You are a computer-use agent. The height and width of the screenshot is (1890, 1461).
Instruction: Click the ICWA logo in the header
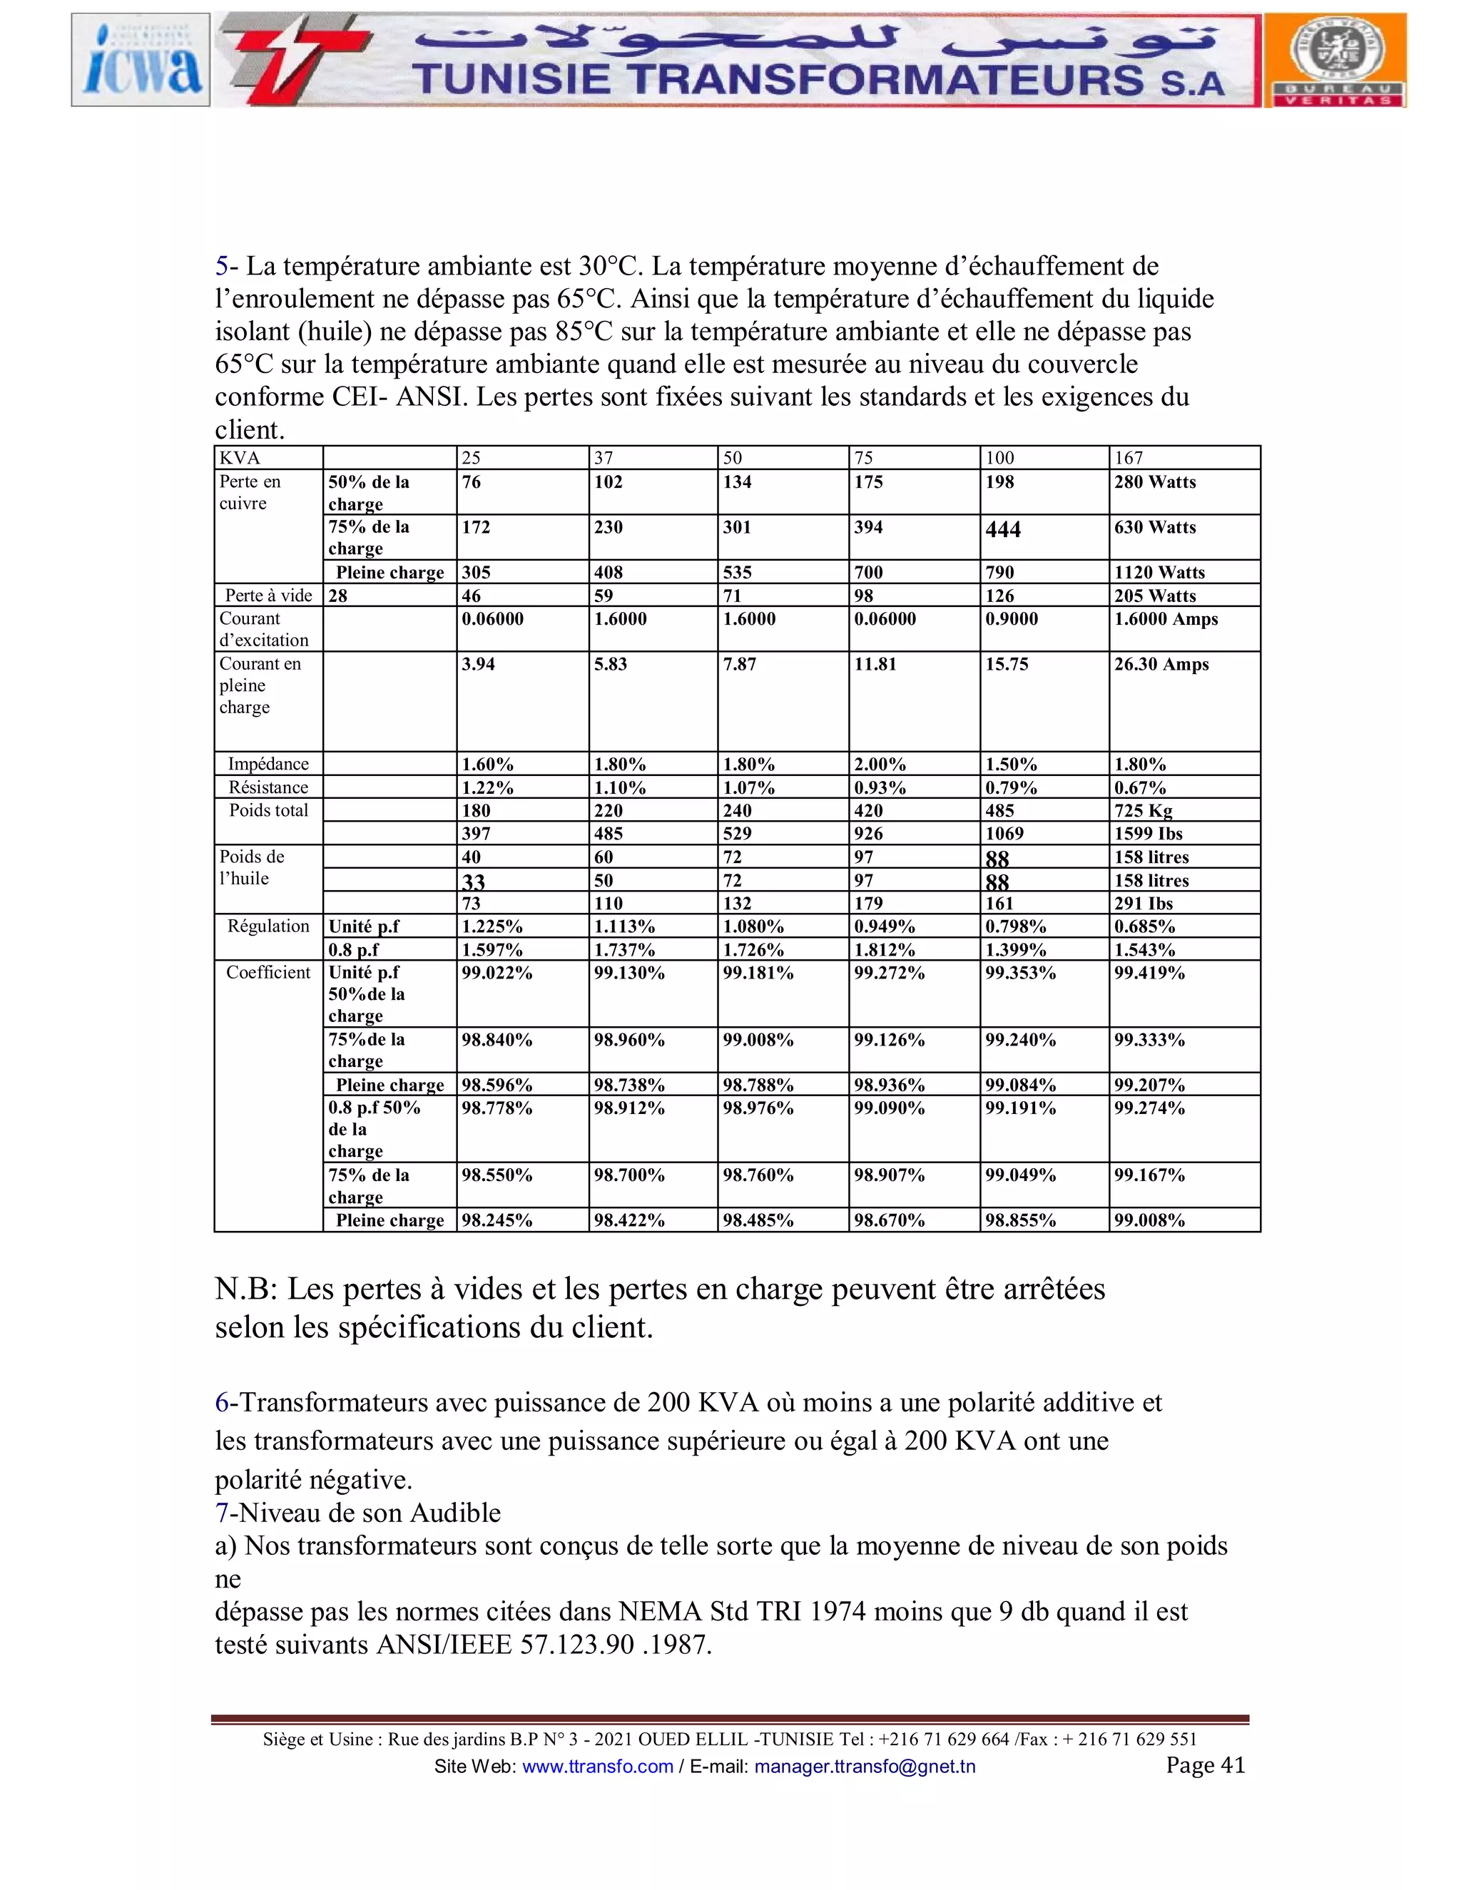pyautogui.click(x=141, y=60)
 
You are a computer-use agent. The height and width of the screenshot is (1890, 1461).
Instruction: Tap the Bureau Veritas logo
pyautogui.click(x=1335, y=60)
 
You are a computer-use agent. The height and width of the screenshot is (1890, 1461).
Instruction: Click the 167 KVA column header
pyautogui.click(x=1129, y=458)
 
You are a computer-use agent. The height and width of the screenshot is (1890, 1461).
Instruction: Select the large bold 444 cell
pyautogui.click(x=1003, y=530)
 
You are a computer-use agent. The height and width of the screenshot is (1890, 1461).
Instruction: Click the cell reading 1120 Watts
pyautogui.click(x=1159, y=572)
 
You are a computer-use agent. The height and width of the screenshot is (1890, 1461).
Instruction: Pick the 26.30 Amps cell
pyautogui.click(x=1161, y=665)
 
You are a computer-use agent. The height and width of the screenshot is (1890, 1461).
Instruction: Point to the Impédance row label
pyautogui.click(x=268, y=764)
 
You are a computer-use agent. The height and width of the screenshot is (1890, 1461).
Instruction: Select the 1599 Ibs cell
pyautogui.click(x=1148, y=833)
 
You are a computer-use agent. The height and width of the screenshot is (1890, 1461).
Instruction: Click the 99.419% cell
pyautogui.click(x=1149, y=973)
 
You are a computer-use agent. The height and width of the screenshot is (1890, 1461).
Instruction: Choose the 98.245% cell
pyautogui.click(x=496, y=1220)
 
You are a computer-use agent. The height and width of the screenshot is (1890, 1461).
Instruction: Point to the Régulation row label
pyautogui.click(x=268, y=926)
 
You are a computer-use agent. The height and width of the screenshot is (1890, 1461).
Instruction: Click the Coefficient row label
pyautogui.click(x=268, y=973)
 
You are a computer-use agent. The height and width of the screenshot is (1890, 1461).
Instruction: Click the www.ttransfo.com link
pyautogui.click(x=597, y=1766)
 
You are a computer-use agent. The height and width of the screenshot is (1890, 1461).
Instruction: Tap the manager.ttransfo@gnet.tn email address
pyautogui.click(x=864, y=1766)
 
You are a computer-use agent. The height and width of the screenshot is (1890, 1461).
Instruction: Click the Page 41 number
pyautogui.click(x=1205, y=1764)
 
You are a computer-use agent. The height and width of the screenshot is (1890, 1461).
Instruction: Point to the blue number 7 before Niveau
pyautogui.click(x=222, y=1513)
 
